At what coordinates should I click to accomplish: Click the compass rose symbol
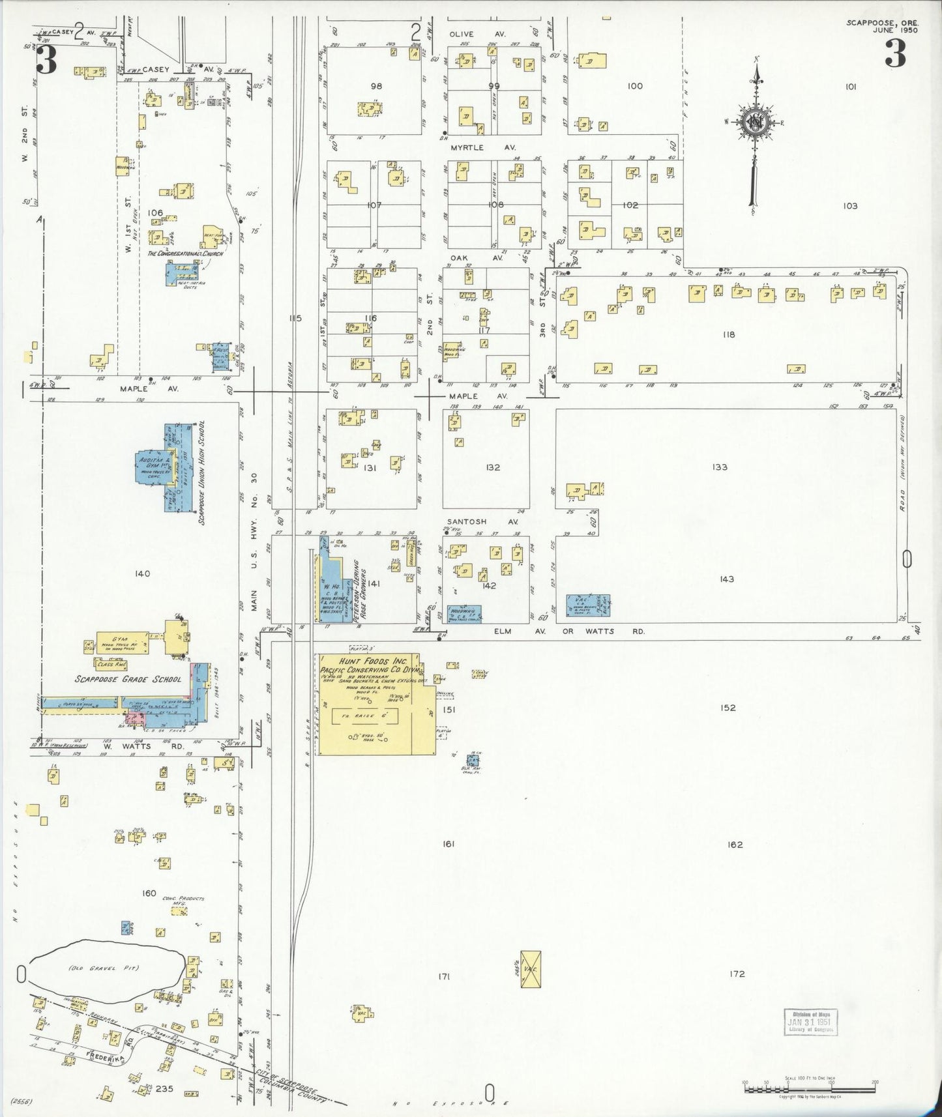[x=756, y=124]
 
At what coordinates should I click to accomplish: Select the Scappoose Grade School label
[x=128, y=679]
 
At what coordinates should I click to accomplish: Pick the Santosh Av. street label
[x=482, y=522]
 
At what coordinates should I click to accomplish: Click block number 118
[x=728, y=334]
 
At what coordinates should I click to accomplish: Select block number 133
[x=720, y=467]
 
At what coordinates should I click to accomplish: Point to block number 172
[x=737, y=974]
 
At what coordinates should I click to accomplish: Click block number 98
[x=375, y=86]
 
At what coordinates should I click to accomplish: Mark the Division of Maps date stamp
[x=810, y=1022]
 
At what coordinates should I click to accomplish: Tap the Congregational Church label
[x=185, y=254]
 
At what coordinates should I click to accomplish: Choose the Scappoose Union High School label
[x=202, y=472]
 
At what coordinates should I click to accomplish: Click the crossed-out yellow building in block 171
[x=531, y=968]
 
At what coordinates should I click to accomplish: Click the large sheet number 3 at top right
[x=895, y=55]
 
